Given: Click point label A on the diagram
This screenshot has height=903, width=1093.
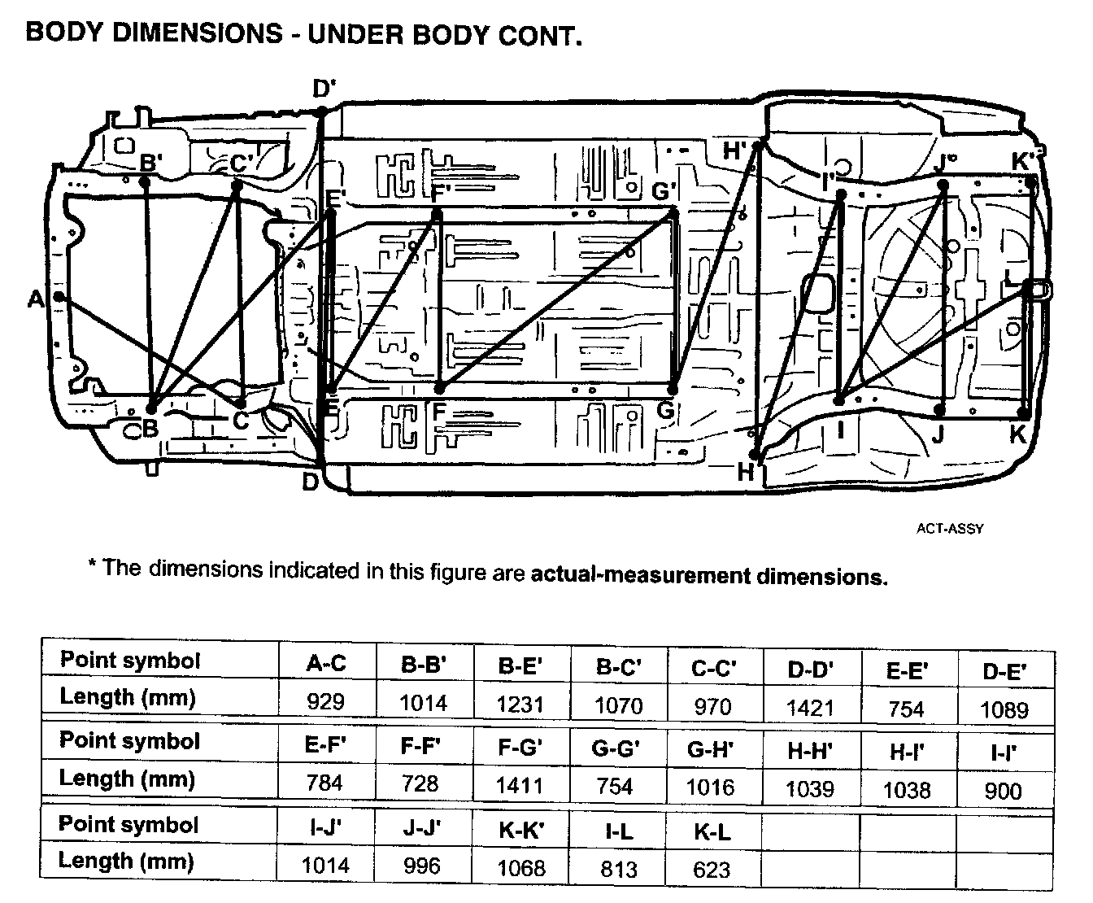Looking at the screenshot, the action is pyautogui.click(x=35, y=300).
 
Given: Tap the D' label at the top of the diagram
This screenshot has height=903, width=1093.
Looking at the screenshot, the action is pyautogui.click(x=324, y=88).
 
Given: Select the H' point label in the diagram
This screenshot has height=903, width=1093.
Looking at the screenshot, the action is pyautogui.click(x=737, y=150).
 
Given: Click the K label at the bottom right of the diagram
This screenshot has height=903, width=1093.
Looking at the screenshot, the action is pyautogui.click(x=1018, y=434).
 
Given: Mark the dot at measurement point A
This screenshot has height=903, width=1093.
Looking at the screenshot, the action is pyautogui.click(x=59, y=297).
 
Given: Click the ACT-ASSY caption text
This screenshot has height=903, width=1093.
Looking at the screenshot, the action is pyautogui.click(x=950, y=529).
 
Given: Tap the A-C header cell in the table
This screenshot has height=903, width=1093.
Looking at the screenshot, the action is pyautogui.click(x=326, y=664).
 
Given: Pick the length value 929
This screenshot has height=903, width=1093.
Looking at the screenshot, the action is pyautogui.click(x=326, y=701).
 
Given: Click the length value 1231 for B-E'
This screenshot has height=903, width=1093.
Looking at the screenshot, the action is pyautogui.click(x=520, y=704).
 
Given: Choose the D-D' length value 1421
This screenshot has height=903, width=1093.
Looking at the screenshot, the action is pyautogui.click(x=811, y=708).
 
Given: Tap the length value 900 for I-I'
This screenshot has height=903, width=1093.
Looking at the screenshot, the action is pyautogui.click(x=1003, y=790).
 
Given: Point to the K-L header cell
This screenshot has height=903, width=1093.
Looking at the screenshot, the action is pyautogui.click(x=712, y=831).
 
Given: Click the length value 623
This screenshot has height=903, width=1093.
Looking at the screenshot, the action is pyautogui.click(x=712, y=870).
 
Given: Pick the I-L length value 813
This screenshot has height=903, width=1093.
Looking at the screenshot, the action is pyautogui.click(x=618, y=870).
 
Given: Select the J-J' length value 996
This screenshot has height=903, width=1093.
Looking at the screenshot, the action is pyautogui.click(x=421, y=866).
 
